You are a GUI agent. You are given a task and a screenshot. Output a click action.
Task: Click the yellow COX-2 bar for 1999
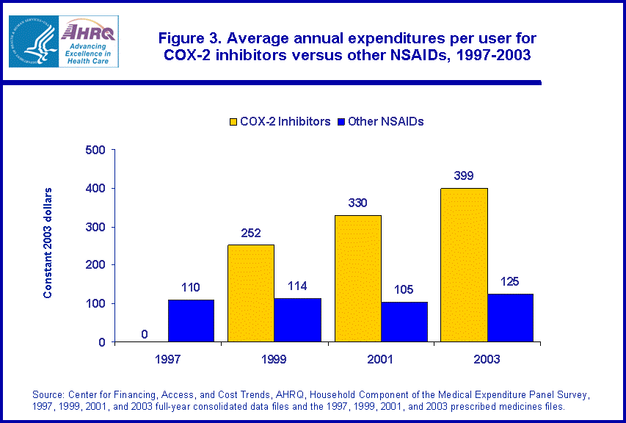[x=251, y=293]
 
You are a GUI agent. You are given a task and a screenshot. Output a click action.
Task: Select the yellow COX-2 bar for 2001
[x=357, y=278]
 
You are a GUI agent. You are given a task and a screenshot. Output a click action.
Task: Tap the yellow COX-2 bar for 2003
[x=464, y=265]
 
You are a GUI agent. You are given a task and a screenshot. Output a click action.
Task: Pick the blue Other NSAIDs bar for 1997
[x=191, y=321]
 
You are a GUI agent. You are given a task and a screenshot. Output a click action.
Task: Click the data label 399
[x=464, y=176]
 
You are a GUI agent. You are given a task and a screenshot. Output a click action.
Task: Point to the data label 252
[x=251, y=233]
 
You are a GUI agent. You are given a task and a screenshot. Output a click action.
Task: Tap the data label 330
[x=357, y=203]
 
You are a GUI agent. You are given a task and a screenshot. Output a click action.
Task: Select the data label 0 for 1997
[x=145, y=334]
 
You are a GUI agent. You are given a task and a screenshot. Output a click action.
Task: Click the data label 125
[x=510, y=282]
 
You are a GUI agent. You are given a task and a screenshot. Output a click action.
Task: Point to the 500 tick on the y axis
[x=95, y=151]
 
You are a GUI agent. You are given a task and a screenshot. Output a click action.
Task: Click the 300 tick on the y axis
[x=95, y=227]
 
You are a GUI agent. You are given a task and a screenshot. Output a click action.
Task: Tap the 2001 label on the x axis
[x=380, y=359]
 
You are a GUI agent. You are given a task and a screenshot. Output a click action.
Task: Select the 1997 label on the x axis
[x=168, y=359]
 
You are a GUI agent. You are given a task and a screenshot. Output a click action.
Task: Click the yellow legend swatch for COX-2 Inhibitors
[x=234, y=122]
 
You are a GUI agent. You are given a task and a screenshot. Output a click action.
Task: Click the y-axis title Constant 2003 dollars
[x=48, y=243]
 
